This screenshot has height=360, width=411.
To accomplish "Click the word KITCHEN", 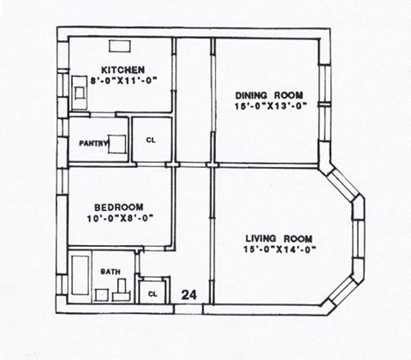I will [122, 69].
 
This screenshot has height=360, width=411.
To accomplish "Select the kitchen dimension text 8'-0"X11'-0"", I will [122, 80].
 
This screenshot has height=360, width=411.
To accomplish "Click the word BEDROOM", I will [118, 207].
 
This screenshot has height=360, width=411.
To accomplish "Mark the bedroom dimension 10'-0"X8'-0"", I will [118, 218].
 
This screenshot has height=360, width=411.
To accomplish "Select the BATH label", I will [110, 272].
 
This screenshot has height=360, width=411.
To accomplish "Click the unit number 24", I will [189, 295].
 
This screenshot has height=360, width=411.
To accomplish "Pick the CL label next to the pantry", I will [151, 140].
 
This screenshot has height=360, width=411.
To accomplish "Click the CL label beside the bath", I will [152, 292].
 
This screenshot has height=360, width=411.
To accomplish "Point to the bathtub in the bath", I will [80, 279].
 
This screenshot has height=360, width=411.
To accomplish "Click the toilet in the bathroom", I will [120, 294].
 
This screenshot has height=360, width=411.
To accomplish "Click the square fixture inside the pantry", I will [118, 144].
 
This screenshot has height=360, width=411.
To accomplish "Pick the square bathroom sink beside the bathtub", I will [101, 295].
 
